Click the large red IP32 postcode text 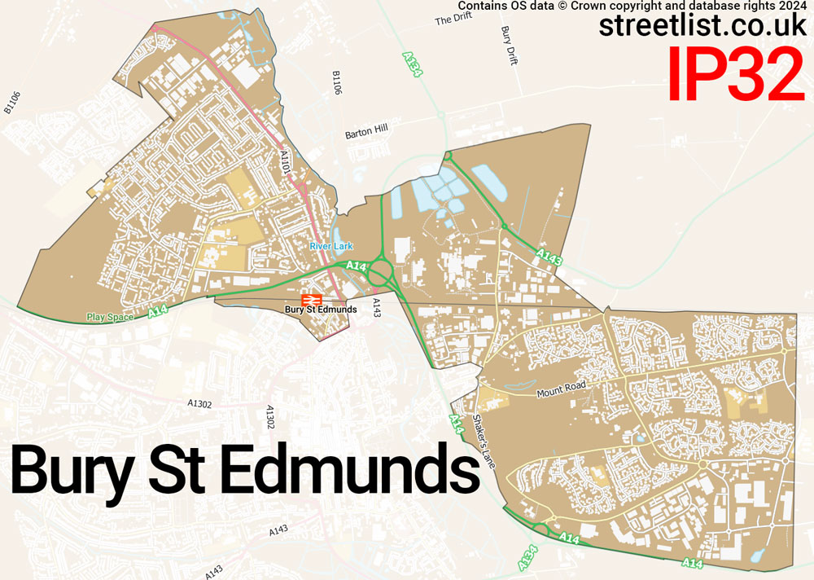[x=736, y=74]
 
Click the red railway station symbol [x=311, y=300]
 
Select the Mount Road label [x=561, y=392]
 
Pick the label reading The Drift [x=453, y=20]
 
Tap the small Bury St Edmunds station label [x=320, y=310]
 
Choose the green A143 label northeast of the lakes [x=549, y=257]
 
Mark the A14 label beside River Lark [x=356, y=266]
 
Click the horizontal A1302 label [x=199, y=402]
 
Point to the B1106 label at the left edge [x=11, y=101]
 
